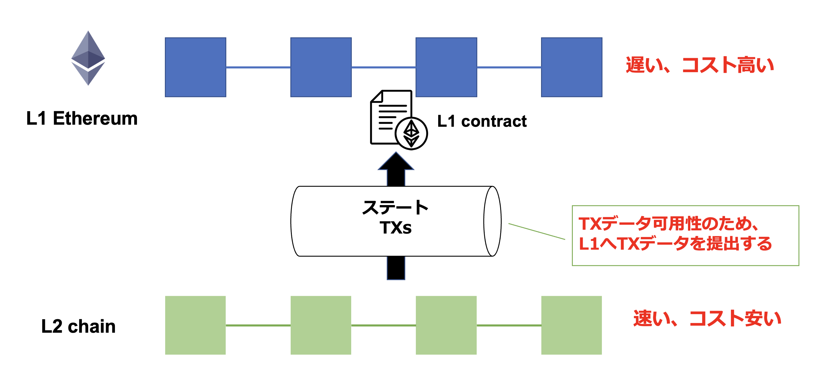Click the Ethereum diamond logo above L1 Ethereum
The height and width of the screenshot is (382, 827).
tap(88, 58)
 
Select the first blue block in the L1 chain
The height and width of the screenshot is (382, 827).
tap(195, 67)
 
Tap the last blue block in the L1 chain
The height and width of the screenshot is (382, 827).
tap(571, 67)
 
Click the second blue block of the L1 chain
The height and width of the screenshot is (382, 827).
tap(321, 67)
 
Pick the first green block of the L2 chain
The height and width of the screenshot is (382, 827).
tap(195, 325)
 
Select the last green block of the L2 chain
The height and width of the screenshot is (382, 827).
tap(571, 325)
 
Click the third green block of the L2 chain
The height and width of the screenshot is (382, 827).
tap(446, 325)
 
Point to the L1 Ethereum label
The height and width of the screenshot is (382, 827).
tap(82, 119)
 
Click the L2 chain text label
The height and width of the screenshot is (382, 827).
tap(78, 326)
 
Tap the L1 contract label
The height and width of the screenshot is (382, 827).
tap(482, 121)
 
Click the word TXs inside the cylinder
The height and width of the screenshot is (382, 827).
tap(396, 228)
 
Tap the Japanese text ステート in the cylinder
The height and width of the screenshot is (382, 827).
tap(395, 207)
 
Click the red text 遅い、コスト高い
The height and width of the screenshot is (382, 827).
tap(699, 65)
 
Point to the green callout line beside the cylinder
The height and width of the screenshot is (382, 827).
tap(536, 231)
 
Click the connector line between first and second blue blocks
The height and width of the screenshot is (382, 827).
tap(258, 67)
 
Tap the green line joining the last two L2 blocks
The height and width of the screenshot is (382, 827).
tap(509, 325)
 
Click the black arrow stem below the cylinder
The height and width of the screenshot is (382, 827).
tap(396, 268)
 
